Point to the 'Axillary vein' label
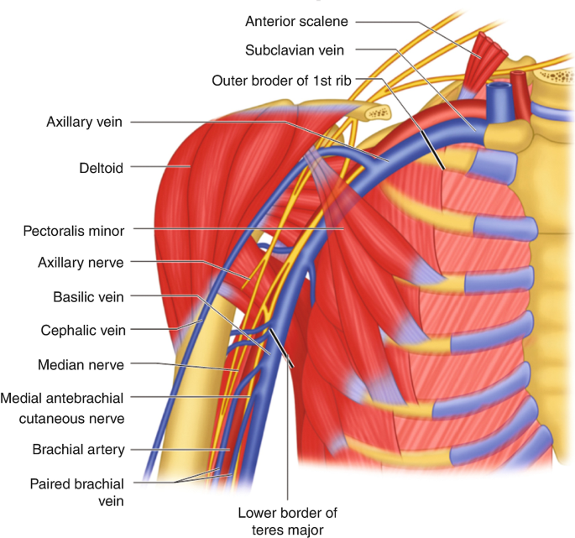(x=85, y=122)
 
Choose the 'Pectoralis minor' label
(x=74, y=229)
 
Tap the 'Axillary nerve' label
(x=81, y=263)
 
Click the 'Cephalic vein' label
(x=83, y=330)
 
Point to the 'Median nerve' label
(x=81, y=364)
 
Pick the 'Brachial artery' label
(x=78, y=449)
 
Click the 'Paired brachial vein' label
(x=76, y=492)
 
